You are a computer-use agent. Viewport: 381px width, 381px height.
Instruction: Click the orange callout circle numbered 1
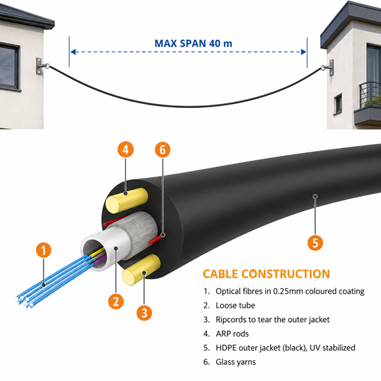(44, 250)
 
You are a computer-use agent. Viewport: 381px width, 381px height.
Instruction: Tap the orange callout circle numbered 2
(116, 301)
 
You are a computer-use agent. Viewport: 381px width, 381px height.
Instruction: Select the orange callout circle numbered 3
(144, 312)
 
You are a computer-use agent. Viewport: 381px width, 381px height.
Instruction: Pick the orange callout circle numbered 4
(125, 150)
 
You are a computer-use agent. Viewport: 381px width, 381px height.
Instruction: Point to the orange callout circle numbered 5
(315, 242)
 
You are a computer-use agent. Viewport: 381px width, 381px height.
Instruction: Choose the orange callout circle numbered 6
(163, 150)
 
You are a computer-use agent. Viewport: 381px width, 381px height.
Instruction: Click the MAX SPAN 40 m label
(193, 44)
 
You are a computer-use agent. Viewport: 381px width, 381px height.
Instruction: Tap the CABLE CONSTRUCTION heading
(266, 274)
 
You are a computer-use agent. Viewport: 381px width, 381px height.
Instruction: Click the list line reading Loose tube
(229, 305)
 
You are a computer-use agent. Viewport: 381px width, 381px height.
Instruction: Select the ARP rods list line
(226, 334)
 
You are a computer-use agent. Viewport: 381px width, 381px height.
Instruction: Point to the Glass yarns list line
(229, 362)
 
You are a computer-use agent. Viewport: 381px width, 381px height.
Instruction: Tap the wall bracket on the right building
(328, 68)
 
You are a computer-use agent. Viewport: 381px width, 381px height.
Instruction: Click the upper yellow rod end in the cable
(114, 204)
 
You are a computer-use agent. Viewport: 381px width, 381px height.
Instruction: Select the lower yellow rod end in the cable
(130, 277)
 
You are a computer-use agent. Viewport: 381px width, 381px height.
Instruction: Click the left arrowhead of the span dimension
(73, 52)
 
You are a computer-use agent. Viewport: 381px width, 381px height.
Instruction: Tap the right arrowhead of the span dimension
(303, 52)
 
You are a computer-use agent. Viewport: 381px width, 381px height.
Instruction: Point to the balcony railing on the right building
(370, 95)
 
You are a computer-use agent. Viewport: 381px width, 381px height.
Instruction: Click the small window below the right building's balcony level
(338, 104)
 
